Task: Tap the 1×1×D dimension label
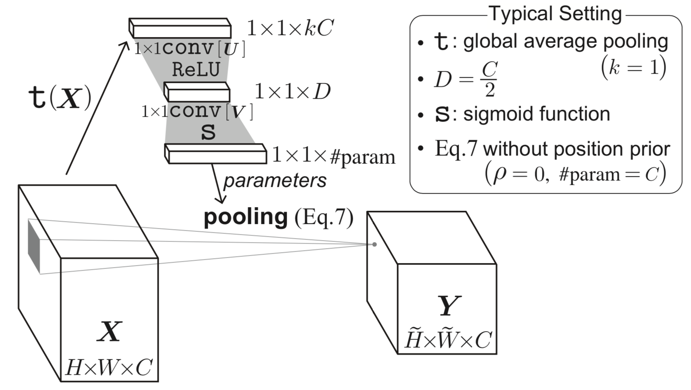[x=292, y=92]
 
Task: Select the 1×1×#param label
[x=333, y=156]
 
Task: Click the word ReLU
[x=196, y=70]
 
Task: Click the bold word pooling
[x=246, y=218]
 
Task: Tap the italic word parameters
[x=275, y=181]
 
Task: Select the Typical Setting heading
[x=555, y=14]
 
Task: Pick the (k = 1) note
[x=633, y=67]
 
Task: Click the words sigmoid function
[x=537, y=114]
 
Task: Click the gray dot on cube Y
[x=374, y=245]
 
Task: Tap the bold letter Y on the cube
[x=449, y=306]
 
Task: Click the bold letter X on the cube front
[x=110, y=332]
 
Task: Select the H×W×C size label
[x=109, y=367]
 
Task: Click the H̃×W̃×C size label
[x=448, y=339]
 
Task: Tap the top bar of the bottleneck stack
[x=180, y=29]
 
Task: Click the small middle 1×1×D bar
[x=197, y=92]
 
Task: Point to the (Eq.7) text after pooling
[x=324, y=218]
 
